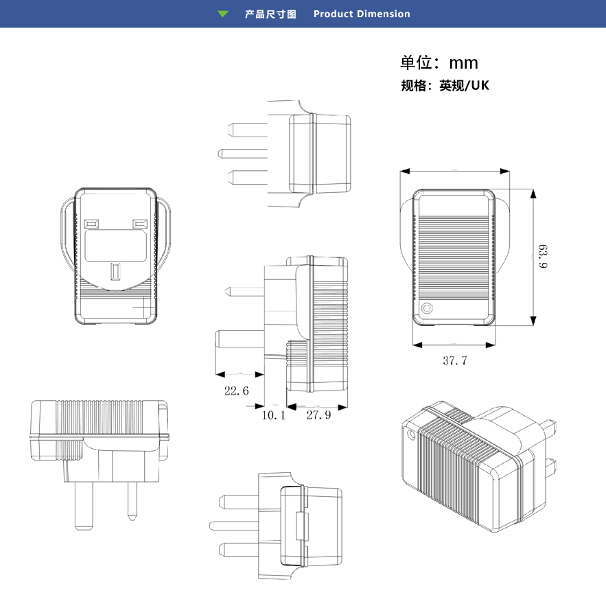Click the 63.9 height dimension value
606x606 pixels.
pos(543,255)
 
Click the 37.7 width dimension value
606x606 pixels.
pos(454,360)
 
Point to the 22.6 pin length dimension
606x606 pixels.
pos(236,391)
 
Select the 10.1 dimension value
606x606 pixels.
pos(272,415)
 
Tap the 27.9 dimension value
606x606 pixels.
pos(318,415)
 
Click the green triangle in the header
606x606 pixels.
pos(223,14)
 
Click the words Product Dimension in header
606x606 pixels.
pos(362,14)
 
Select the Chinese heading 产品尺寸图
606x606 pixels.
pos(270,14)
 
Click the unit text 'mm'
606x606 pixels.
pos(463,63)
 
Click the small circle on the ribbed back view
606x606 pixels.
pos(428,308)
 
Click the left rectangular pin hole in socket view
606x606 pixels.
pos(91,224)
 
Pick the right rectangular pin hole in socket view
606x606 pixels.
pos(140,224)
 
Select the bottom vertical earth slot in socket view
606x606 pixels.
pos(116,271)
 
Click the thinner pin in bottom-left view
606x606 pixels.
pos(131,500)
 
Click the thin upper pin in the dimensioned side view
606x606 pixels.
pos(244,291)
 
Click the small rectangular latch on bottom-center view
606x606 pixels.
pos(300,525)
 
